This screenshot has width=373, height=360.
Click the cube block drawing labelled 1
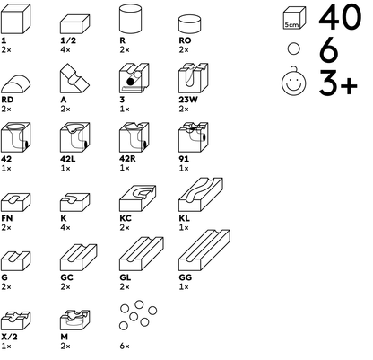pos(15,19)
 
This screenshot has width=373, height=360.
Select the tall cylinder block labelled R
pos(130,19)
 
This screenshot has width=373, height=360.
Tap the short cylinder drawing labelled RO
pos(189,24)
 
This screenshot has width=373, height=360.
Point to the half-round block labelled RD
pos(15,83)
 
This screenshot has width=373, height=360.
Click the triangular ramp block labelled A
pos(74,79)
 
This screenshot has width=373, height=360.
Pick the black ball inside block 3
pos(131,82)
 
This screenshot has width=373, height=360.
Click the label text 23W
pos(188,100)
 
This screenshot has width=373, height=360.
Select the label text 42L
pos(68,159)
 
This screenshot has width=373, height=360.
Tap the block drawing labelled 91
pos(194,137)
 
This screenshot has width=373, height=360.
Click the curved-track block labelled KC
pos(137,198)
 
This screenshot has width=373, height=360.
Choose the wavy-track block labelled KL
pos(201,195)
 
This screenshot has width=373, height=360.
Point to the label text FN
pos(7,218)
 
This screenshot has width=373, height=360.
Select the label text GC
pos(66,277)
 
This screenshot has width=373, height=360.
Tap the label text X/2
pos(9,337)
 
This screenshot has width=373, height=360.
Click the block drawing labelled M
pos(75,320)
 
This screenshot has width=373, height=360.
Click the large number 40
pos(340,17)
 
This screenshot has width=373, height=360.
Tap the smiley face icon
pos(294,82)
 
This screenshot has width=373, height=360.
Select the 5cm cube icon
pos(294,18)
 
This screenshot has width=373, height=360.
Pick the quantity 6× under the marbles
pos(125,347)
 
